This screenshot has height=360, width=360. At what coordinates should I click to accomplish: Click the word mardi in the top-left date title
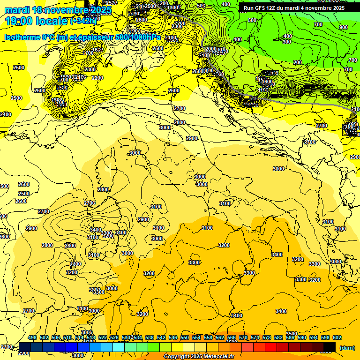tap(15, 10)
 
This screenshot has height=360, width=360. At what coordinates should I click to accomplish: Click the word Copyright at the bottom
tap(178, 357)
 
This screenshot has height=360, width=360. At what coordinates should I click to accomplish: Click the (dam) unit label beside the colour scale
tap(346, 348)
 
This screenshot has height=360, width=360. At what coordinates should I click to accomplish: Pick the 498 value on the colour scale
tap(32, 337)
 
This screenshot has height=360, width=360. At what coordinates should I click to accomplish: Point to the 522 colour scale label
tap(103, 337)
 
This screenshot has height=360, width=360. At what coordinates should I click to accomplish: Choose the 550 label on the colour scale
tap(185, 337)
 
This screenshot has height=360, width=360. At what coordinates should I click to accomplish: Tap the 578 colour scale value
tap(267, 337)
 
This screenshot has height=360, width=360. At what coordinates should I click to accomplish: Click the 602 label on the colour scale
tap(337, 337)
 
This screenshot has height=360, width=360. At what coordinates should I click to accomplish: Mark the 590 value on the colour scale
tap(302, 337)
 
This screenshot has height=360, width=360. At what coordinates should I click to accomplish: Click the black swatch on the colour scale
tap(330, 347)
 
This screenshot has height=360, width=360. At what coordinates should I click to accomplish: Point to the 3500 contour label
tap(292, 334)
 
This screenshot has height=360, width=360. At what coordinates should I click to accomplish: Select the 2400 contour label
tap(6, 114)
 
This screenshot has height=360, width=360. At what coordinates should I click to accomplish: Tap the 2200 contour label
tap(97, 78)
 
